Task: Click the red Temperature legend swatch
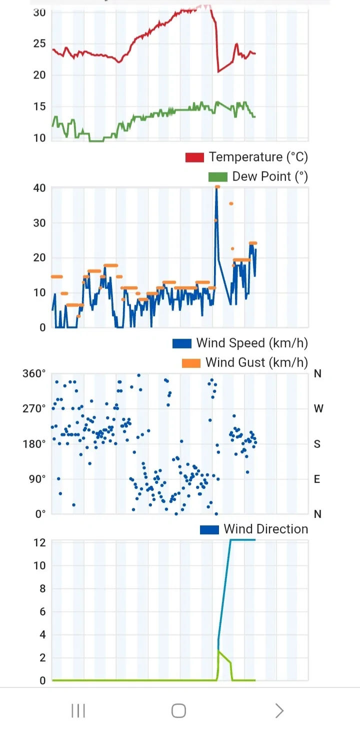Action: pos(194,157)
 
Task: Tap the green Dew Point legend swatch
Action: pos(217,177)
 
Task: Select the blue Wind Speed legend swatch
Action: pos(181,343)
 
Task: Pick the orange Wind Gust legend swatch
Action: pos(191,363)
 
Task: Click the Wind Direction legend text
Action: pos(265,529)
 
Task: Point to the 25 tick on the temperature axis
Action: pos(39,44)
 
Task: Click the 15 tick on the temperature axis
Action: pos(39,107)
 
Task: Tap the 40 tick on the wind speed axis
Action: pos(39,188)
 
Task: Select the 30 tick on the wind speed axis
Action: pos(39,223)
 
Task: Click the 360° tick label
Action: pos(34,374)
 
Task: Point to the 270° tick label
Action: pos(34,409)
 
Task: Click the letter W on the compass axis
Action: pos(318,409)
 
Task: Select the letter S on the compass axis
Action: pos(317,444)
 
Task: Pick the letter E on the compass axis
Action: pos(317,479)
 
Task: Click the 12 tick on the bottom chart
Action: pos(39,543)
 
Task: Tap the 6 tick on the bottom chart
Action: pos(42,612)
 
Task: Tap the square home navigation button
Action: pos(178,710)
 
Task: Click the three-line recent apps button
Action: pos(78,710)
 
